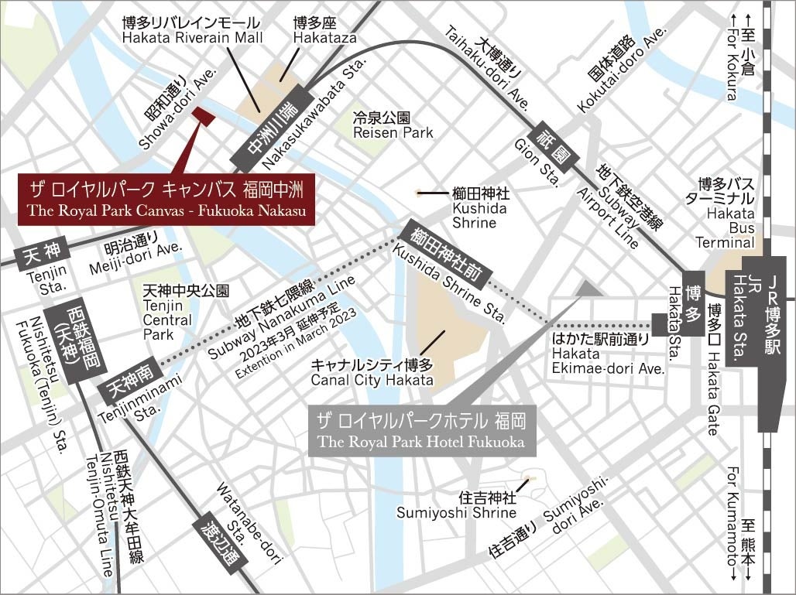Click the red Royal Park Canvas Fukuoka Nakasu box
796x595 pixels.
click(x=166, y=200)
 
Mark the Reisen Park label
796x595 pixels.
click(x=393, y=125)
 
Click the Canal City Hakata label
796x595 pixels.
click(x=372, y=372)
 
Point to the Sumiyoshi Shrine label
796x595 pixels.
click(x=456, y=504)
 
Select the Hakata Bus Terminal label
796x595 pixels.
click(x=725, y=213)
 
